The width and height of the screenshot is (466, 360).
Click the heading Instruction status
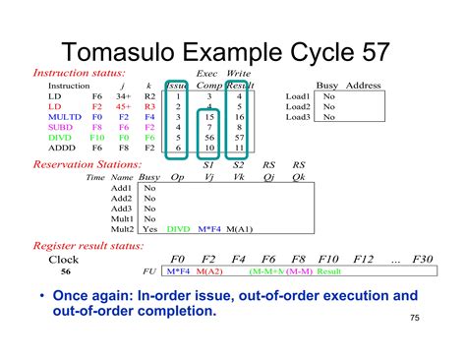pyautogui.click(x=80, y=73)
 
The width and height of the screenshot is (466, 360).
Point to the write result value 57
pyautogui.click(x=238, y=138)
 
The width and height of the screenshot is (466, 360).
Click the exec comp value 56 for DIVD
pyautogui.click(x=208, y=138)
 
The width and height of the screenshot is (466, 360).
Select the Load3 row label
pyautogui.click(x=298, y=117)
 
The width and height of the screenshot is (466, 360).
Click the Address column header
pyautogui.click(x=363, y=86)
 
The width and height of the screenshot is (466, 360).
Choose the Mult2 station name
pyautogui.click(x=122, y=228)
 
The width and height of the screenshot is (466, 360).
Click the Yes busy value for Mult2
pyautogui.click(x=149, y=228)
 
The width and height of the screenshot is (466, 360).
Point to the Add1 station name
pyautogui.click(x=122, y=187)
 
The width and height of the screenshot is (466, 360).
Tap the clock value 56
pyautogui.click(x=65, y=270)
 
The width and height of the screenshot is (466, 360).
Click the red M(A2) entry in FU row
pyautogui.click(x=208, y=270)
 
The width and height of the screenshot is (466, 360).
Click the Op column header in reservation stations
pyautogui.click(x=178, y=177)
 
